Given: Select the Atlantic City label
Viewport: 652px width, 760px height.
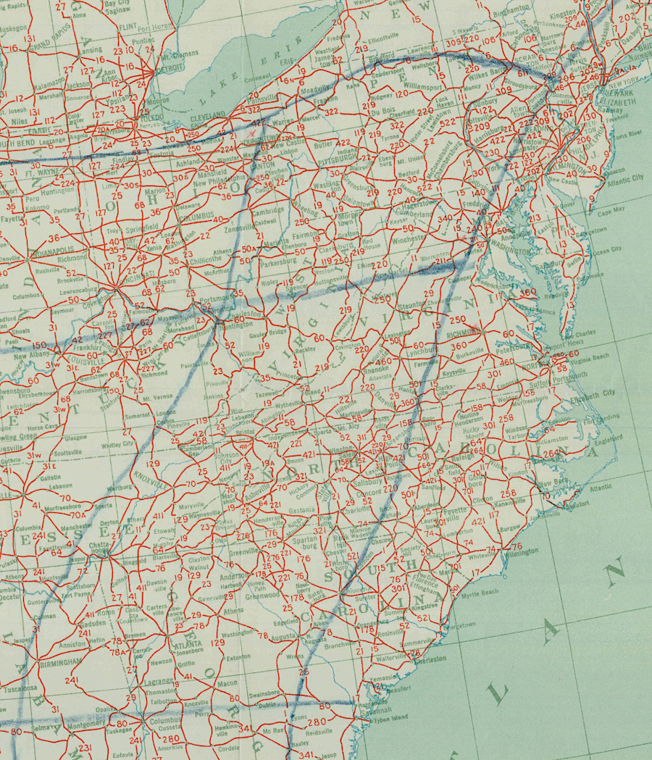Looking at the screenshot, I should tap(627, 177).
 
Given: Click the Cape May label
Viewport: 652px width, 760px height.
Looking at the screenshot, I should tap(610, 212).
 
